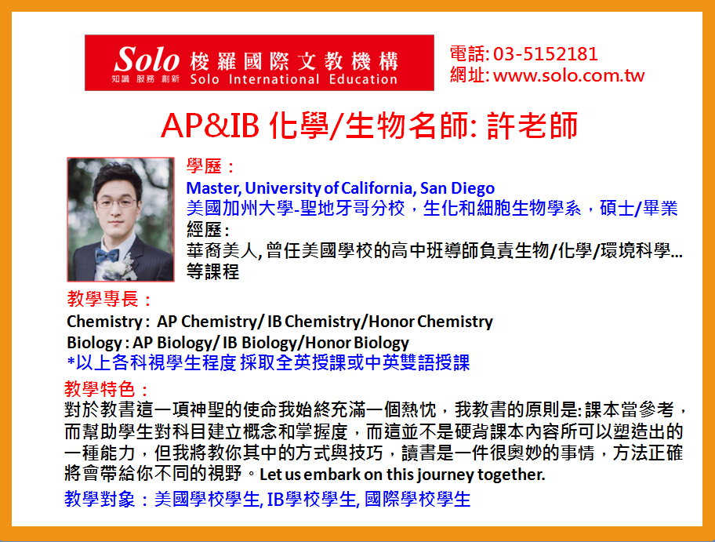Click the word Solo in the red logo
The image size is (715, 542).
coord(147,59)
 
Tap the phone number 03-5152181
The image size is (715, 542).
coord(546,54)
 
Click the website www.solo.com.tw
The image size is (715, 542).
coord(568,75)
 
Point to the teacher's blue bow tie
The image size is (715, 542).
coord(107,255)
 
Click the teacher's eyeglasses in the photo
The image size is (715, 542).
coord(116,202)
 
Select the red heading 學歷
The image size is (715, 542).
coord(204,166)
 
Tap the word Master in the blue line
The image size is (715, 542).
coord(213,188)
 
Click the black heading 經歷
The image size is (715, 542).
coord(204,230)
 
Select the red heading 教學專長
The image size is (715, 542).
coord(103,300)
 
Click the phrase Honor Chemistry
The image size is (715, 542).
coord(430,322)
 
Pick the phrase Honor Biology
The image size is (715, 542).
coord(357,343)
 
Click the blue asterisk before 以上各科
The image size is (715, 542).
coord(71,362)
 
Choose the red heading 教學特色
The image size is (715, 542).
coord(100,389)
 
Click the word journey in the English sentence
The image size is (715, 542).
coord(445,475)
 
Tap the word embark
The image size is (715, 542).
coord(332,475)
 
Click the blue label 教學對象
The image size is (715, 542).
coord(100,499)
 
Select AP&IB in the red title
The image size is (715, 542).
coord(210,125)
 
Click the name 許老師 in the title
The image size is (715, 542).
coord(532,125)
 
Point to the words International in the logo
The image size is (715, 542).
coord(274,79)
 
